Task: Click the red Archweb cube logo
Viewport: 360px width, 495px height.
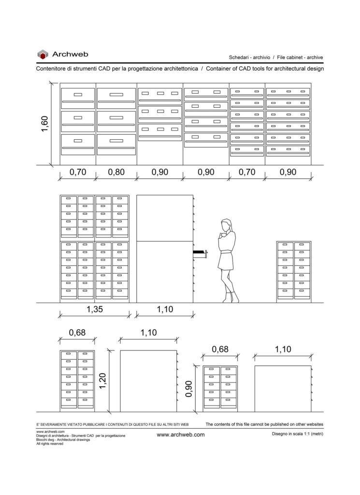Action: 43,54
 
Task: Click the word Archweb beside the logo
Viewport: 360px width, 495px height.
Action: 70,54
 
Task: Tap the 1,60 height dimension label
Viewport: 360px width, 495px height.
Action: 45,124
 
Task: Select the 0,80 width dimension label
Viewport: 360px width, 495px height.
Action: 116,172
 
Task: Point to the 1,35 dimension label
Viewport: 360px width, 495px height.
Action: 95,309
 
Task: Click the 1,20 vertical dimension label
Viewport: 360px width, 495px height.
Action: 102,381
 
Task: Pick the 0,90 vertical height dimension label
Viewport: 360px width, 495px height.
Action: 188,389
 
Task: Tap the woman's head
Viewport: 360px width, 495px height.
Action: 226,225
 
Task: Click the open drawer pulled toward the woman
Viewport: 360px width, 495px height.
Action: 200,253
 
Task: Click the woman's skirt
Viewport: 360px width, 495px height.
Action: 225,262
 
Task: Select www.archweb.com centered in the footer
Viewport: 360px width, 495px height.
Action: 180,435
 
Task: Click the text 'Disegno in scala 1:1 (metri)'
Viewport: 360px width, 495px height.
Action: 298,434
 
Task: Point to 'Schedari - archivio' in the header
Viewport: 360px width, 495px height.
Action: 249,58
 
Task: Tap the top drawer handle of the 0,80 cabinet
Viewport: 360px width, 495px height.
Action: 116,95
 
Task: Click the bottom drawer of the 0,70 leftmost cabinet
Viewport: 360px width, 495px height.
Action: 78,145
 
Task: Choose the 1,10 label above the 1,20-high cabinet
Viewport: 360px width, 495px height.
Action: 149,333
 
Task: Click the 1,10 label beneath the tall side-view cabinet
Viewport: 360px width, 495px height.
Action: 165,309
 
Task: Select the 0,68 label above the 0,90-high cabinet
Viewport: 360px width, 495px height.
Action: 220,349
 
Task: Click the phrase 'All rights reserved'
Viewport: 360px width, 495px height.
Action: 50,444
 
